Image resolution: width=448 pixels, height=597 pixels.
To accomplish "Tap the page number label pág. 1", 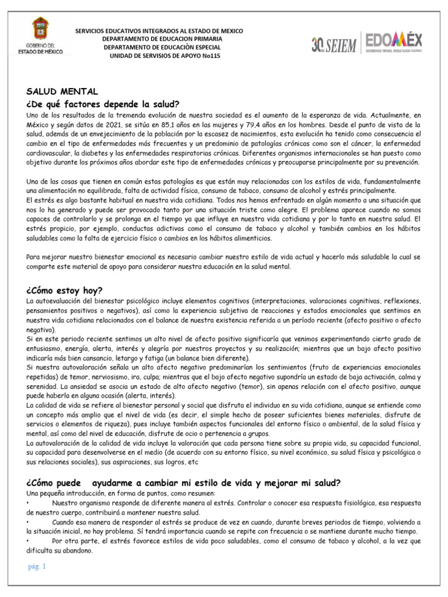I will [x=37, y=566].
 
